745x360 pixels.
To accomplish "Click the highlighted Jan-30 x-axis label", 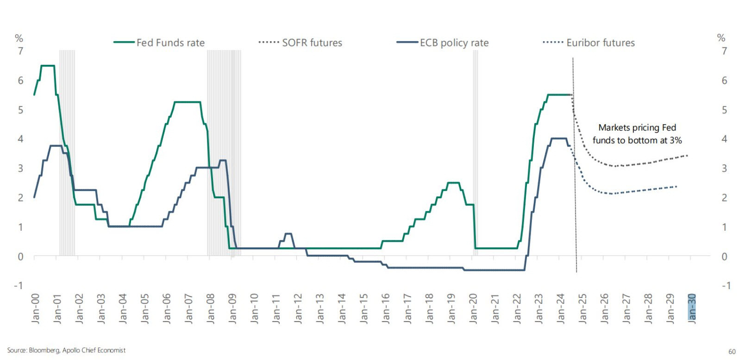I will (x=692, y=308).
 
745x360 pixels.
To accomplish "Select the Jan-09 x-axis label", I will (x=232, y=308).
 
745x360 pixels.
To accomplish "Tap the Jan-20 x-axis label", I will (x=473, y=308).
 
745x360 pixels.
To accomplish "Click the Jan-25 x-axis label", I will (x=582, y=308).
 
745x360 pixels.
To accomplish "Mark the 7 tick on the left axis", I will (x=20, y=51).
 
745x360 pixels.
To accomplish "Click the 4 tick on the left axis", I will (x=20, y=139).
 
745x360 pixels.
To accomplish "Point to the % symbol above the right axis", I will (x=721, y=38).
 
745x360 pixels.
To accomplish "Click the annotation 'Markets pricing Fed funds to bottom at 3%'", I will (x=637, y=134).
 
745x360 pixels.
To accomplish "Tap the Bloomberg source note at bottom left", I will (x=66, y=350).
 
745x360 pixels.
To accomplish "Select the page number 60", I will (x=732, y=352).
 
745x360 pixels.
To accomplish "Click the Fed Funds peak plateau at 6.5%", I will (x=48, y=66).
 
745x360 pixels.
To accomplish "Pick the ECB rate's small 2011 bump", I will (x=288, y=234).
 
